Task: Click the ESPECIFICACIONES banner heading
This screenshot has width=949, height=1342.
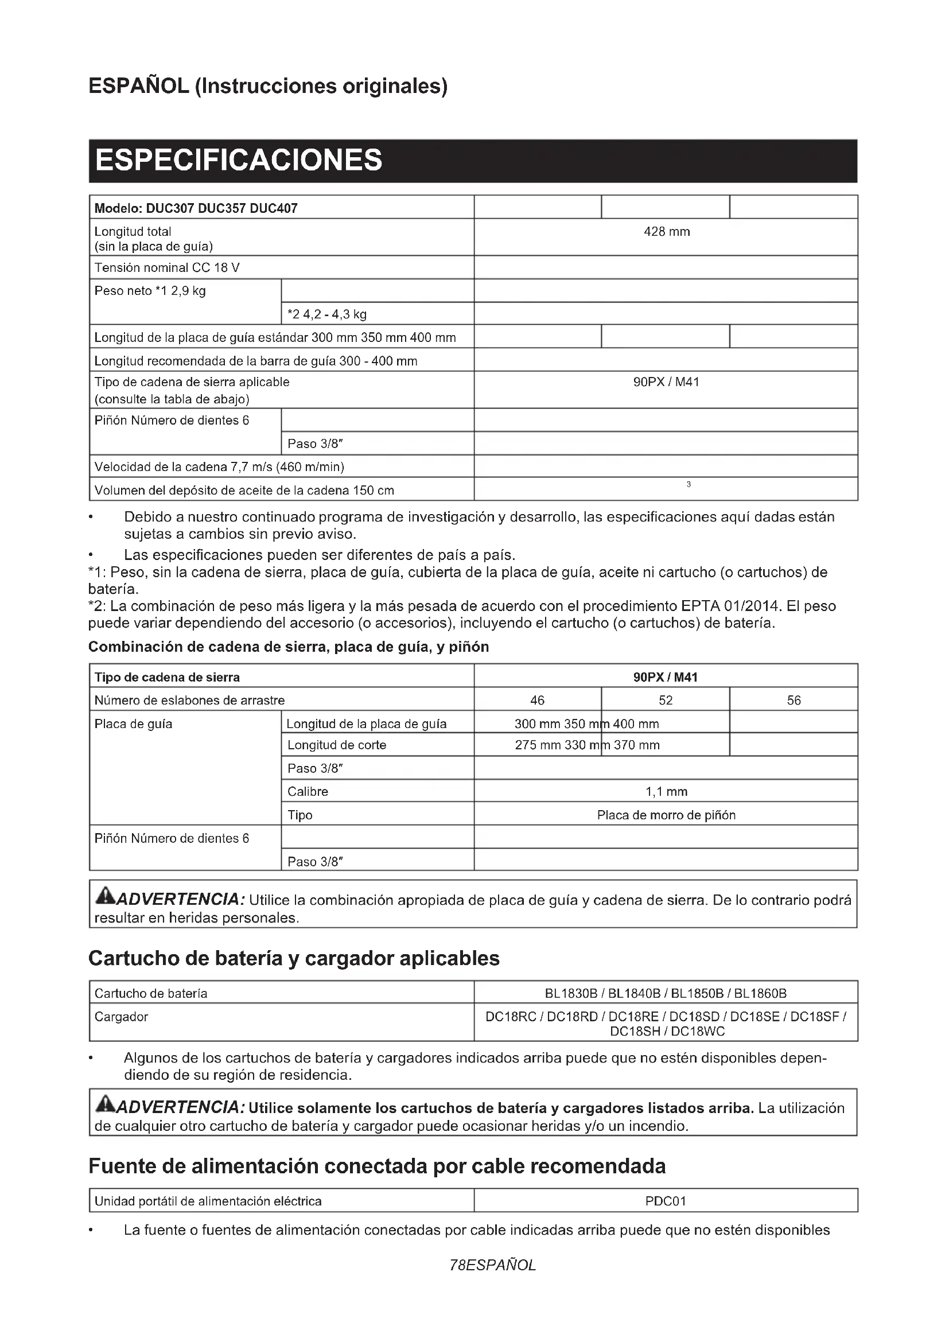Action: (239, 160)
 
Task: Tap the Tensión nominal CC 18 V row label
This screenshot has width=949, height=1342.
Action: (167, 269)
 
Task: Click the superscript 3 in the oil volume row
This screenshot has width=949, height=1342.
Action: (689, 485)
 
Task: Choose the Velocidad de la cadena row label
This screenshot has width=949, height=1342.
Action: (219, 467)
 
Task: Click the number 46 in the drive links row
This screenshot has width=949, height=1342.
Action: (537, 700)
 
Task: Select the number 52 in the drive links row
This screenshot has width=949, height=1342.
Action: (666, 700)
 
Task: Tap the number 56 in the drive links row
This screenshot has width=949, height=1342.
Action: (794, 700)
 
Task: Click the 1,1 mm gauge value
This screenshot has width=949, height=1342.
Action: (666, 792)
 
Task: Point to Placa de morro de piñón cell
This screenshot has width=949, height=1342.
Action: (666, 815)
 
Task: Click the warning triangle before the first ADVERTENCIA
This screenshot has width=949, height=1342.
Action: (106, 895)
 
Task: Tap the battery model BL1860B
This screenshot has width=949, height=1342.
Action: (760, 993)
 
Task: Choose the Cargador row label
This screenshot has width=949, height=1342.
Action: (122, 1017)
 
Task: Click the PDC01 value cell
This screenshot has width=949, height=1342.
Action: (666, 1201)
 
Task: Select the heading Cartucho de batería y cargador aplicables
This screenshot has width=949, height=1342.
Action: (294, 959)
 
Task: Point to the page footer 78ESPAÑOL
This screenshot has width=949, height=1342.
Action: (493, 1266)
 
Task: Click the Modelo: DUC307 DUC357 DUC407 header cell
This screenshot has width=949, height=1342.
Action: (196, 209)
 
